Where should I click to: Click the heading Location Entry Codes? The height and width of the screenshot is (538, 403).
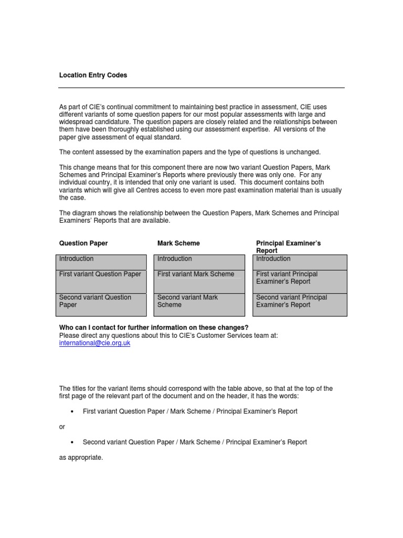pyautogui.click(x=93, y=75)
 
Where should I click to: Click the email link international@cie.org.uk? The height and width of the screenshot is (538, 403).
pyautogui.click(x=94, y=343)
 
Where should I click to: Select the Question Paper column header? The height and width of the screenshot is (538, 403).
pyautogui.click(x=83, y=243)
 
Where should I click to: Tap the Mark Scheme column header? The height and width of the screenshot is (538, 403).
pyautogui.click(x=178, y=243)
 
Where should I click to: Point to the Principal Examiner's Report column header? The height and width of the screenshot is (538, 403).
pyautogui.click(x=288, y=247)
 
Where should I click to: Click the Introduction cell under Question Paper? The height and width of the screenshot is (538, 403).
pyautogui.click(x=101, y=262)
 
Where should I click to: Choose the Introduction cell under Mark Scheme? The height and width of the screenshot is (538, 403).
pyautogui.click(x=199, y=262)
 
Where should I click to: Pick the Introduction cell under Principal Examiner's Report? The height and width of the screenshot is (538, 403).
pyautogui.click(x=300, y=262)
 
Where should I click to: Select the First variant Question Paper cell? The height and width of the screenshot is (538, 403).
pyautogui.click(x=101, y=282)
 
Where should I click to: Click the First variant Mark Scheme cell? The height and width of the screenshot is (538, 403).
pyautogui.click(x=199, y=282)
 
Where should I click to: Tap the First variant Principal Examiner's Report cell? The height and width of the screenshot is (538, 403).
pyautogui.click(x=300, y=282)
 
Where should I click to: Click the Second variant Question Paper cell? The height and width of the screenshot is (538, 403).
pyautogui.click(x=101, y=305)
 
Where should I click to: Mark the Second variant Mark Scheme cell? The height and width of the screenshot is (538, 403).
pyautogui.click(x=199, y=305)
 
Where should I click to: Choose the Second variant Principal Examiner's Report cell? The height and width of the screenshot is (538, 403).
pyautogui.click(x=300, y=305)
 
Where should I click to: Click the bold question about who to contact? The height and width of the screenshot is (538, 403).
pyautogui.click(x=154, y=328)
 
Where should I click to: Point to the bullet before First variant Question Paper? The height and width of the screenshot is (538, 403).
pyautogui.click(x=71, y=411)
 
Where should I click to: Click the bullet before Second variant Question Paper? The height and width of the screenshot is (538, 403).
pyautogui.click(x=71, y=442)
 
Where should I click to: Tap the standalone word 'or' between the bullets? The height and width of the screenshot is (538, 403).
pyautogui.click(x=62, y=427)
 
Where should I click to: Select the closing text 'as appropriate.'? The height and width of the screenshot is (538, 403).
pyautogui.click(x=81, y=458)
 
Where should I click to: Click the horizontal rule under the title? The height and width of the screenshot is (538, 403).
pyautogui.click(x=201, y=88)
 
